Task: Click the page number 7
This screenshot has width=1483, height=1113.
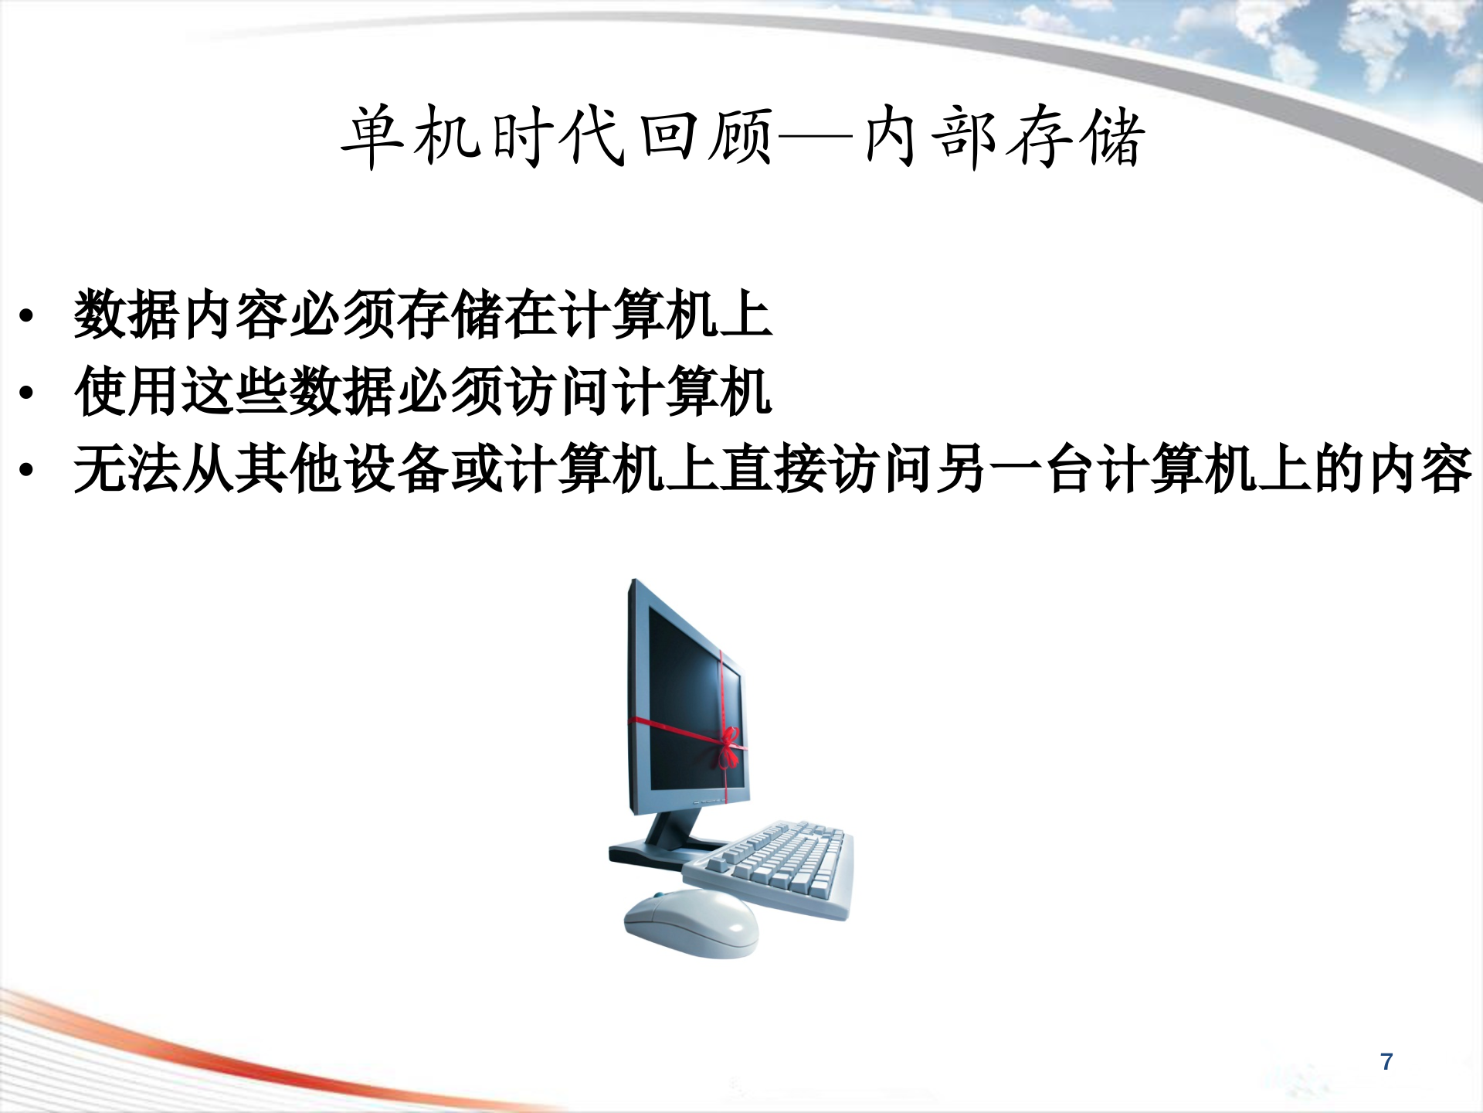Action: [1386, 1061]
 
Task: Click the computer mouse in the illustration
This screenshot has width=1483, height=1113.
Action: [690, 924]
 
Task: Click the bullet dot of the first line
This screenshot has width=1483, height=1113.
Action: [27, 315]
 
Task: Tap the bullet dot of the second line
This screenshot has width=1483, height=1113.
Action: [27, 393]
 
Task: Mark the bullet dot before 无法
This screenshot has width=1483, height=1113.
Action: [27, 470]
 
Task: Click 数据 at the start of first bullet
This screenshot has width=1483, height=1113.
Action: [127, 315]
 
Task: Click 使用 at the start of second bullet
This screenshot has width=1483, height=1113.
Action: [127, 392]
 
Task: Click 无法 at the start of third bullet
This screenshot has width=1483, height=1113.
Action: [127, 469]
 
